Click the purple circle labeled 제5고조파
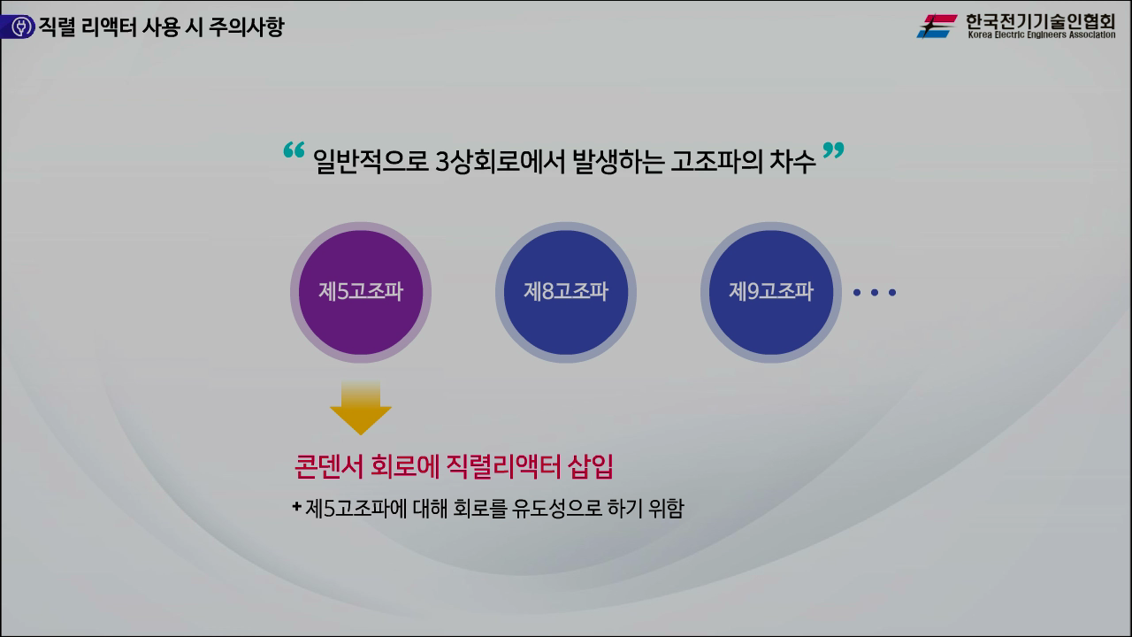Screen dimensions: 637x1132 click(x=360, y=292)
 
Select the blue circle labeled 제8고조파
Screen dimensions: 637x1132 click(x=566, y=292)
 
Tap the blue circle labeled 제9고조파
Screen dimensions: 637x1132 click(x=770, y=292)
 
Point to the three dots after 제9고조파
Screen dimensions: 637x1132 click(x=874, y=292)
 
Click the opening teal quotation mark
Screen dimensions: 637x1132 click(x=294, y=150)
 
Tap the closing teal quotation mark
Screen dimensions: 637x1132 click(x=833, y=150)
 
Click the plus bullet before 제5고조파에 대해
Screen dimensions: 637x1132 click(x=296, y=507)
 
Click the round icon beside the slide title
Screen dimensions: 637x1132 click(x=17, y=27)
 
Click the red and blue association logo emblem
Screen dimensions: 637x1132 click(x=937, y=27)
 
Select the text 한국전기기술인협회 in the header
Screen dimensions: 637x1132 click(x=1040, y=20)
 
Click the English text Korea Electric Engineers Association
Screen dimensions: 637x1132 click(x=1041, y=35)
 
